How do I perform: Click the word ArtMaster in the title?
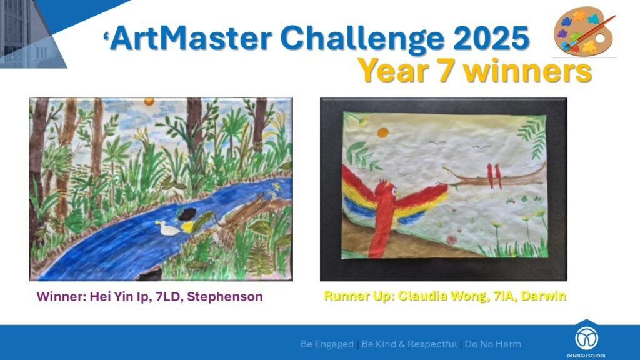[x=191, y=38]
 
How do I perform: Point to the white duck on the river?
[x=167, y=228]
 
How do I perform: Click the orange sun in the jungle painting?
[x=149, y=101]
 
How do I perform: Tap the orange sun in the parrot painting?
[x=382, y=132]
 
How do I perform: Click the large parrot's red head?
[x=386, y=190]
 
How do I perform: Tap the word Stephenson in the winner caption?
[x=225, y=297]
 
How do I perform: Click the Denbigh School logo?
[x=586, y=339]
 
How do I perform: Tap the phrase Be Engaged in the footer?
[x=327, y=344]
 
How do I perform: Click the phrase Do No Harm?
[x=493, y=344]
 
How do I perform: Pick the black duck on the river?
[x=187, y=214]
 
